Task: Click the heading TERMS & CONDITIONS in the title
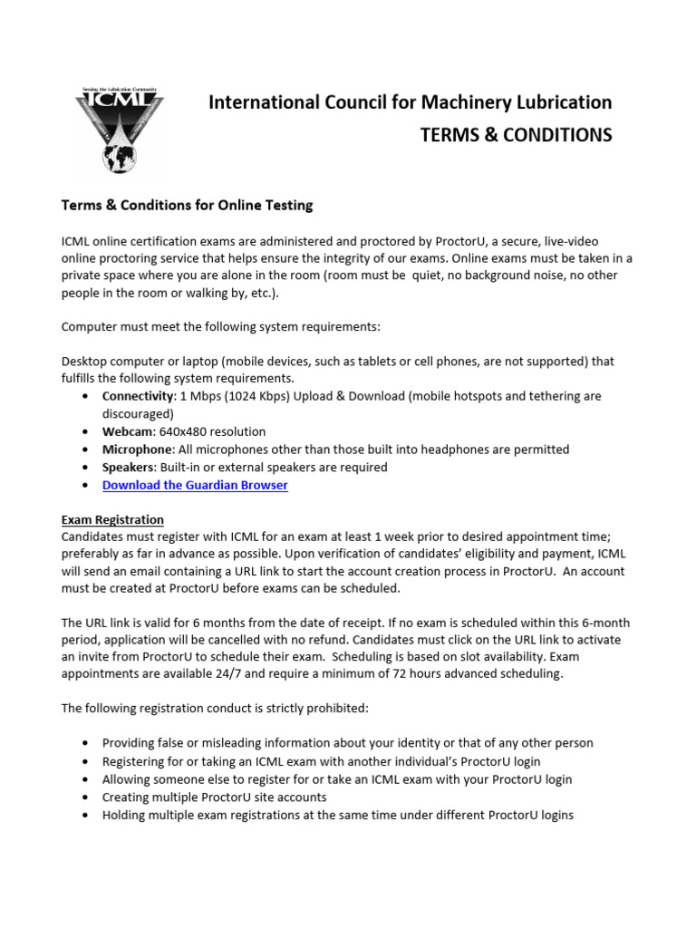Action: pos(516,135)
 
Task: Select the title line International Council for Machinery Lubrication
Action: pos(410,102)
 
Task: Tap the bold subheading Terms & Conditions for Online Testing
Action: pos(187,206)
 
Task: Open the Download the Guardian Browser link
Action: pos(195,485)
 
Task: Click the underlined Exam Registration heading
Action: pos(112,520)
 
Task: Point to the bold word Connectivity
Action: pos(137,397)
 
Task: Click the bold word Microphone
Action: pos(137,449)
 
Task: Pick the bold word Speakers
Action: pos(129,468)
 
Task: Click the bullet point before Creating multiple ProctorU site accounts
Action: pos(84,797)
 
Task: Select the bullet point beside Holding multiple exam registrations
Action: pos(84,816)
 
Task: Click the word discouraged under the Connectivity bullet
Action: pos(136,414)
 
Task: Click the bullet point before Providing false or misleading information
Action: pos(84,743)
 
